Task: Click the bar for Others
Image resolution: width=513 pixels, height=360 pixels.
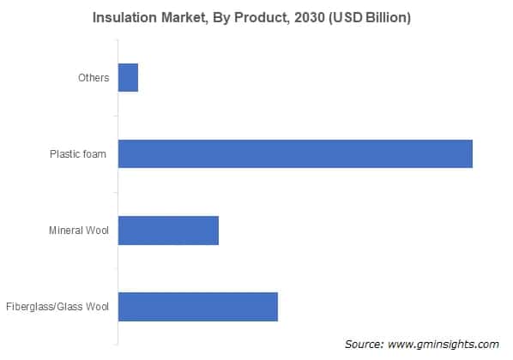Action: point(128,77)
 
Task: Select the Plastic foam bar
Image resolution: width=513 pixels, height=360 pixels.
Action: point(295,153)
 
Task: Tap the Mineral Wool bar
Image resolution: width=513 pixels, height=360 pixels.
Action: point(168,230)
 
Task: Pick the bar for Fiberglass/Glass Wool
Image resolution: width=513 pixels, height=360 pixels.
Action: point(197,306)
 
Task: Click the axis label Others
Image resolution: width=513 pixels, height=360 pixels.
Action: point(93,78)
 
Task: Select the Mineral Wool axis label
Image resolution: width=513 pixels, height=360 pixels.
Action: point(78,231)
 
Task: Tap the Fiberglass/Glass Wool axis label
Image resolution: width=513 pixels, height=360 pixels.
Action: point(57,307)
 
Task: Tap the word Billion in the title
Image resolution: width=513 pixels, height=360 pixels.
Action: point(385,19)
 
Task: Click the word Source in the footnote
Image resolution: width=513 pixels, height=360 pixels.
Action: point(364,344)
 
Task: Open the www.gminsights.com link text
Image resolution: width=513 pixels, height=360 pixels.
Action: point(444,344)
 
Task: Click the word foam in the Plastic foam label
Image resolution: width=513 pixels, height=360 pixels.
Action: point(96,154)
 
